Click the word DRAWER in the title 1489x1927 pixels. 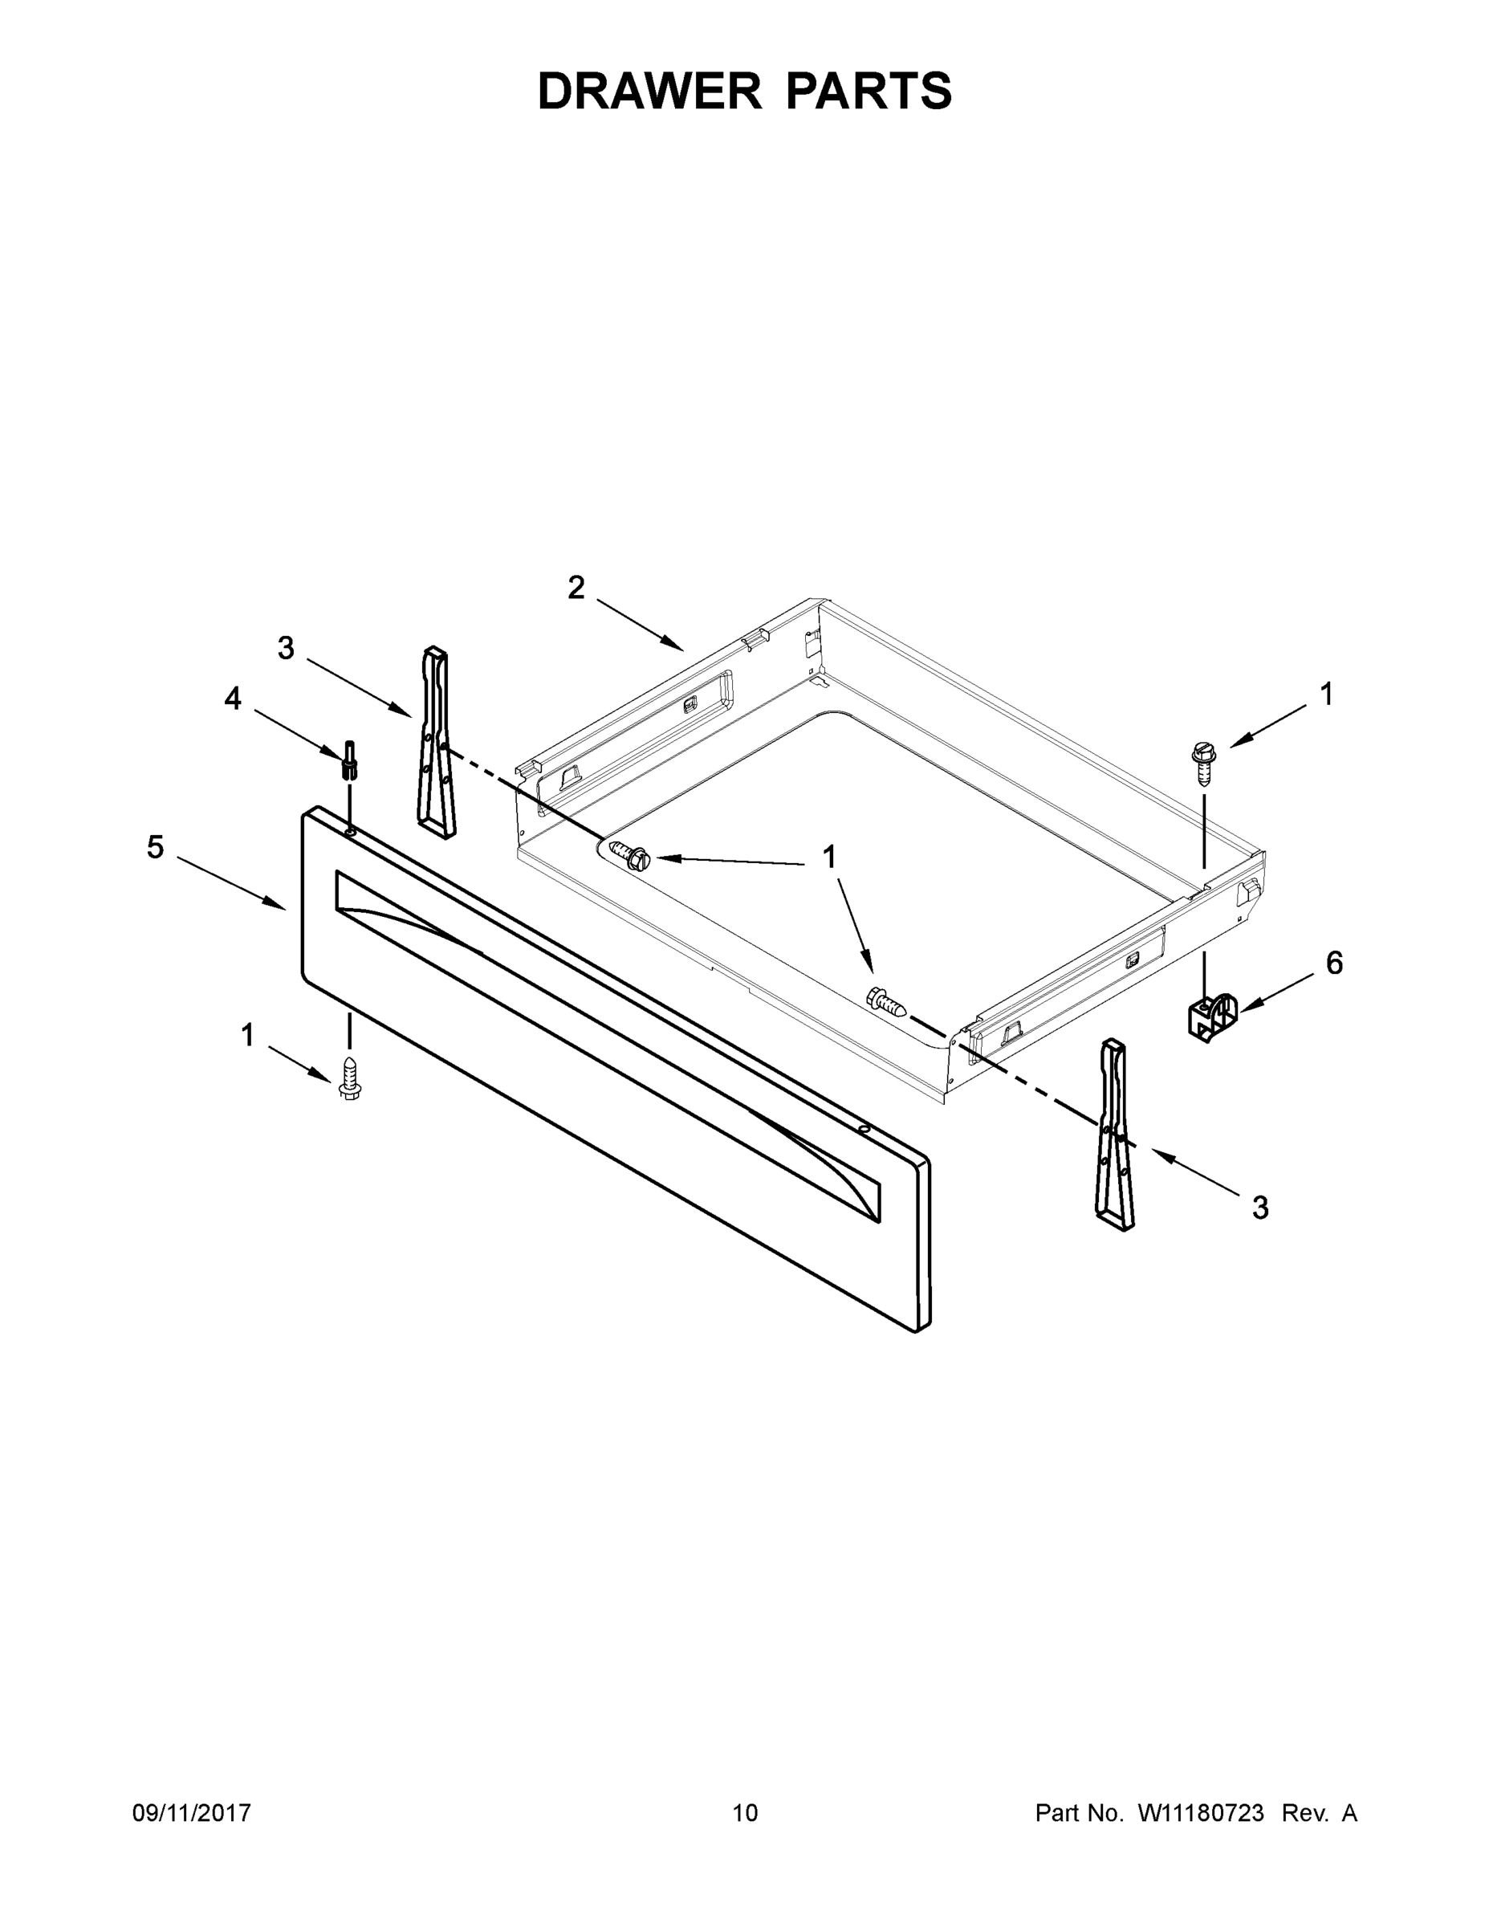click(649, 91)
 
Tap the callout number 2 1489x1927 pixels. click(576, 588)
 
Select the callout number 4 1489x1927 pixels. click(232, 699)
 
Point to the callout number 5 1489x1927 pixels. click(155, 848)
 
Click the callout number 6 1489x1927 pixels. click(1335, 963)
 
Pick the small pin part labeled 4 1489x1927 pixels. click(350, 760)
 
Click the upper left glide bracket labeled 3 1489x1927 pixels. click(437, 744)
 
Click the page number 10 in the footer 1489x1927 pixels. click(746, 1813)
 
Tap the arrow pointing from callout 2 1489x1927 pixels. click(640, 625)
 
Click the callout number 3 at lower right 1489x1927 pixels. click(1260, 1208)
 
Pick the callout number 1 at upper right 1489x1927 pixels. click(1327, 695)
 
